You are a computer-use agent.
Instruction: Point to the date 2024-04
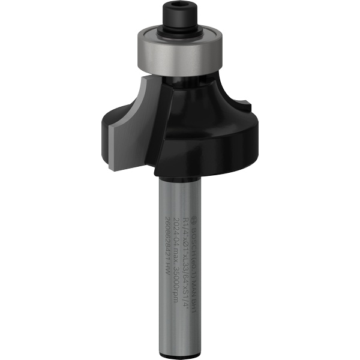[178, 232]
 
